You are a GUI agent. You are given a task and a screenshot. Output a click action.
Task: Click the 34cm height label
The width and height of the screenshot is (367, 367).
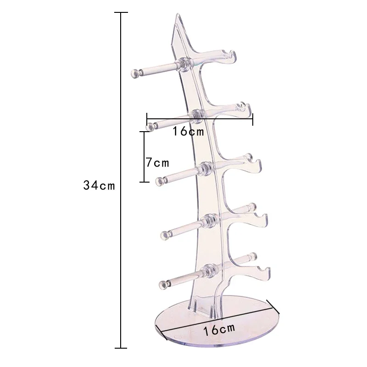point(99,186)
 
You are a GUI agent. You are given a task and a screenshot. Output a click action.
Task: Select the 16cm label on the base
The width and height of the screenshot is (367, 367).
point(219,328)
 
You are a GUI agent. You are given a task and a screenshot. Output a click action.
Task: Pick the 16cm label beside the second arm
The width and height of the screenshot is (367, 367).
point(188,131)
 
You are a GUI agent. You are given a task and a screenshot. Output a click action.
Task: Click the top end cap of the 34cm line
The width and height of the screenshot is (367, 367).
point(121,13)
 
